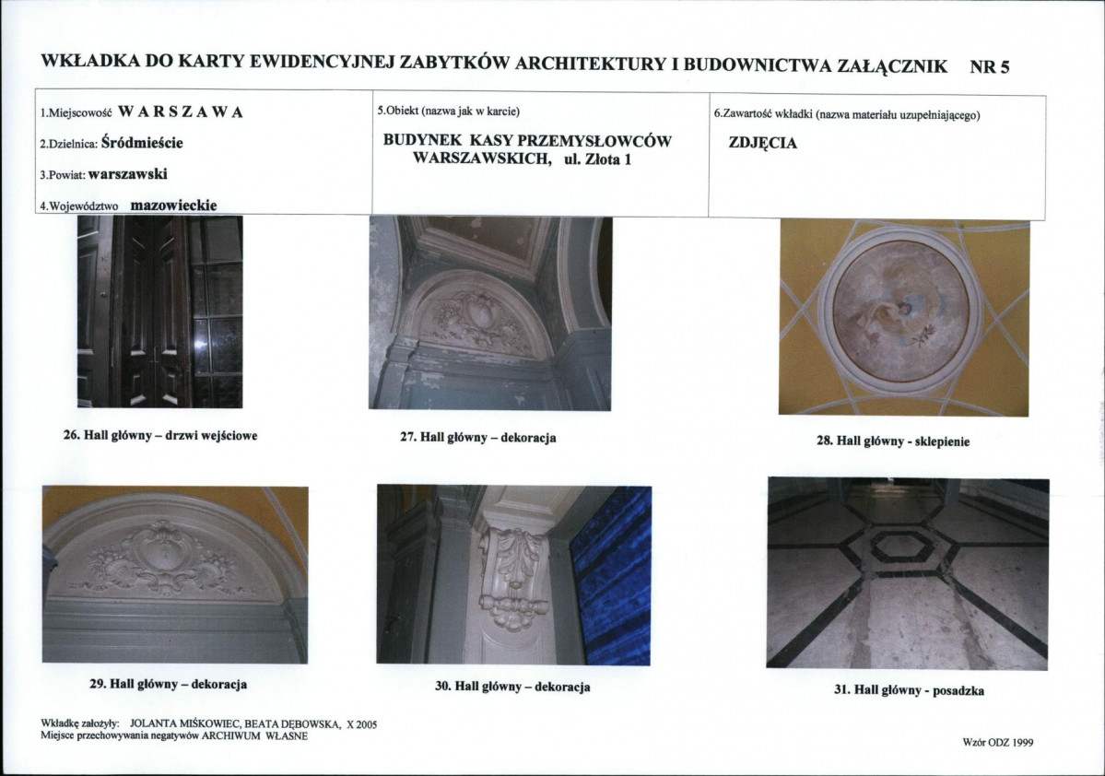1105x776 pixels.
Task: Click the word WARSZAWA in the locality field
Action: click(181, 112)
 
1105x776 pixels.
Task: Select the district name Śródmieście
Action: click(142, 142)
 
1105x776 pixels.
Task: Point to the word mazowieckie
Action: click(174, 206)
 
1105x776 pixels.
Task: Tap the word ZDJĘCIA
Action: click(762, 143)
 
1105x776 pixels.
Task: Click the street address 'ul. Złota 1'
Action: click(597, 159)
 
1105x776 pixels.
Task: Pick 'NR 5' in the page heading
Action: click(990, 67)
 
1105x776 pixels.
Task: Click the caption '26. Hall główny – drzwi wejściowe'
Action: click(160, 436)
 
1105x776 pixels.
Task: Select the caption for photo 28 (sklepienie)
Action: click(893, 441)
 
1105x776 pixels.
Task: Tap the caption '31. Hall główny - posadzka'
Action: click(909, 690)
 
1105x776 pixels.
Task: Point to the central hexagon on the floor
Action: click(907, 547)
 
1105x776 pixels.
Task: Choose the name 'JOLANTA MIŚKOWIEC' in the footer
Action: click(185, 723)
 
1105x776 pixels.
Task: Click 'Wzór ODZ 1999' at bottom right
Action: click(998, 742)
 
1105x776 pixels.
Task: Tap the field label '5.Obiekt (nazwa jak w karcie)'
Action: click(448, 112)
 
